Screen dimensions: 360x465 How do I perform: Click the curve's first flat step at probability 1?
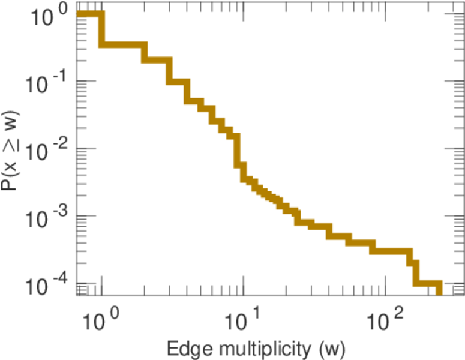coord(89,14)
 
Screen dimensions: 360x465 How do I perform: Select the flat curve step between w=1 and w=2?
coord(122,46)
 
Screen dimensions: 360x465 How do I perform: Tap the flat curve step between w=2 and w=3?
coord(157,60)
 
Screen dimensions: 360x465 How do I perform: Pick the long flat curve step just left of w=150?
coord(390,250)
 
